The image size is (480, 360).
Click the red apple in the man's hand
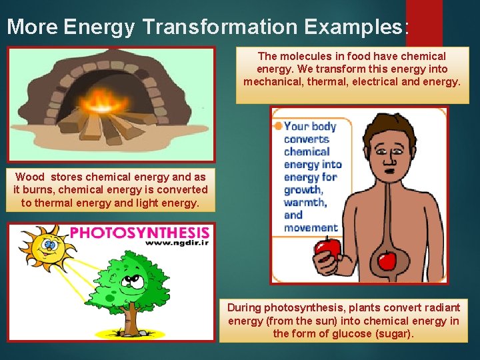point(327,251)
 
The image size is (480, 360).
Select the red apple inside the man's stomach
point(387,259)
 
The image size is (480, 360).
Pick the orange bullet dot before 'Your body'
point(277,126)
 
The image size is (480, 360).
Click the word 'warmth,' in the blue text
point(305,202)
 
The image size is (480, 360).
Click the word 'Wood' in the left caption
point(30,177)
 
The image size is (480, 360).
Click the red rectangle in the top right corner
point(424,20)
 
